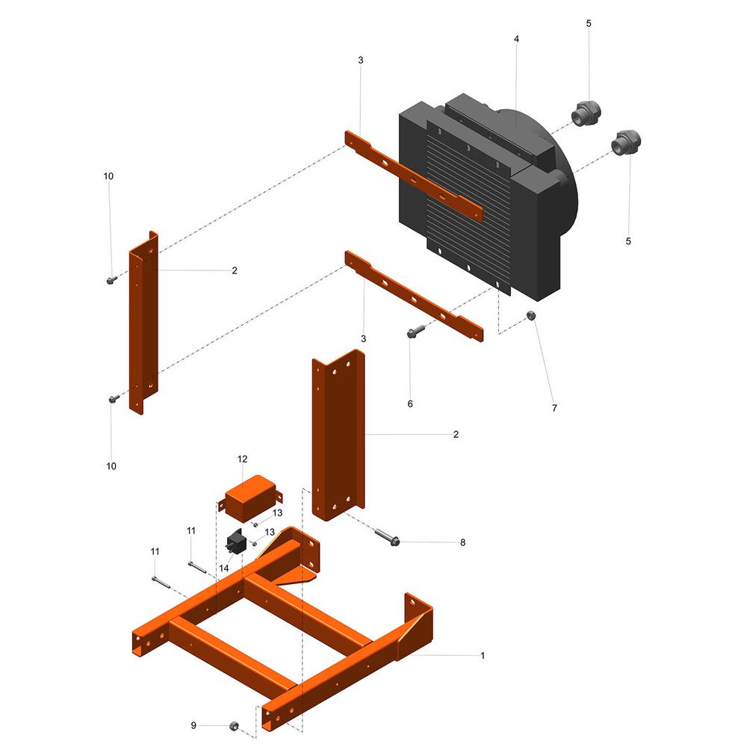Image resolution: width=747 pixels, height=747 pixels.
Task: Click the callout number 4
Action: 516,39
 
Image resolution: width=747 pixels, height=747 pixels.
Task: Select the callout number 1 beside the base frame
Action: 483,656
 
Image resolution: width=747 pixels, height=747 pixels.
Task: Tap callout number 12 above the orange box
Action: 243,459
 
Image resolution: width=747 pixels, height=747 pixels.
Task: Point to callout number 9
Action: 193,725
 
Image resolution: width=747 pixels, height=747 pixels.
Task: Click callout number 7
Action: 554,409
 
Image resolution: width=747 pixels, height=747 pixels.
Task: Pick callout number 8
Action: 462,542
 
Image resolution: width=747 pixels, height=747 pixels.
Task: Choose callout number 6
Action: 410,404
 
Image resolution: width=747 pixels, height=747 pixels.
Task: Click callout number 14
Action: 224,568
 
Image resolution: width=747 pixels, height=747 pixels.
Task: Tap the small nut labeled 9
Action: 234,726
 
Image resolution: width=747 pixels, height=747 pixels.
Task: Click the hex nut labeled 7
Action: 531,315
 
